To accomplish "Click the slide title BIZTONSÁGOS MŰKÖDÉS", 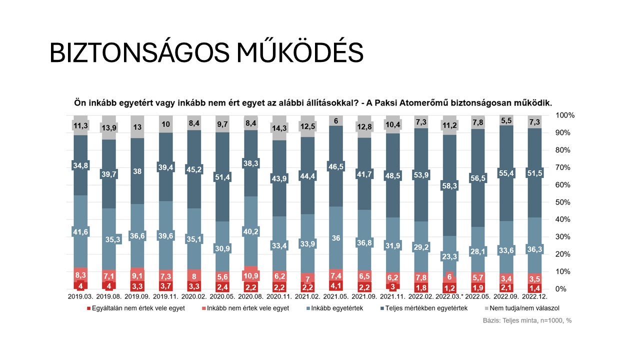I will point(206,52).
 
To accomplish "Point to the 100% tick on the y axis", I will point(565,115).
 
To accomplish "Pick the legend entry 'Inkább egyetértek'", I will point(336,308).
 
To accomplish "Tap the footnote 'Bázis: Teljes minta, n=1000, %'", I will point(526,320).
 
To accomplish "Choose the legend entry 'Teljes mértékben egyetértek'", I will point(426,308).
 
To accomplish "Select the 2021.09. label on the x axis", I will point(364,296).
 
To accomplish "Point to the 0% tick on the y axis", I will point(562,289).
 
